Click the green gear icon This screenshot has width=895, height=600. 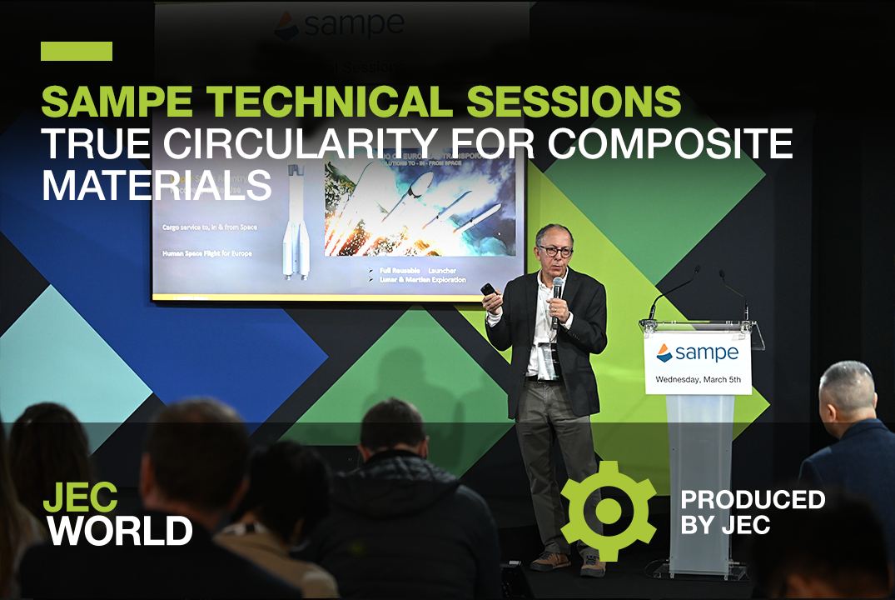(608, 510)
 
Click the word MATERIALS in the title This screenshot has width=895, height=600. (157, 185)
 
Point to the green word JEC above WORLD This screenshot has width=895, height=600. (80, 497)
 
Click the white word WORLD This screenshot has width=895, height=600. (118, 531)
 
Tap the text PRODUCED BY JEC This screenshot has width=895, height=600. (752, 512)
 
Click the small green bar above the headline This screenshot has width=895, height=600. (77, 51)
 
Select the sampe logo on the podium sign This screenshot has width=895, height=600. (697, 352)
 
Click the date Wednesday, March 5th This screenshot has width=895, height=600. (697, 379)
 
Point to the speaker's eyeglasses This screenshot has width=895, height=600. (555, 250)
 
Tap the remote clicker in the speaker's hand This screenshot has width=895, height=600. (487, 290)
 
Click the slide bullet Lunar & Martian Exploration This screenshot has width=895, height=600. (423, 279)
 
